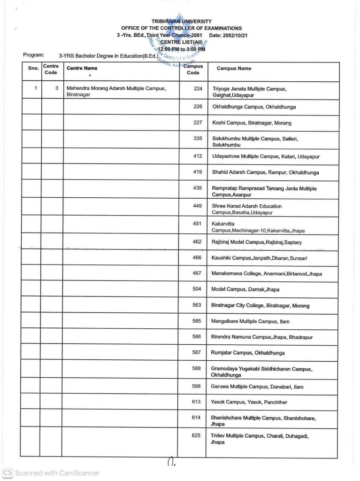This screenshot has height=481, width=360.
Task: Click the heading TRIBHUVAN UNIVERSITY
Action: [181, 22]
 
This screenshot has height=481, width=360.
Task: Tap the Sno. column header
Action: [33, 69]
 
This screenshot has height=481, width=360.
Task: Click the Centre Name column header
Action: [82, 69]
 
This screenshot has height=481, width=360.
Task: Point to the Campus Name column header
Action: [234, 69]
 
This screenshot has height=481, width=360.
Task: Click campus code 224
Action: [197, 88]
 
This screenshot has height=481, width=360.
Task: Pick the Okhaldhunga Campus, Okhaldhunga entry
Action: [254, 107]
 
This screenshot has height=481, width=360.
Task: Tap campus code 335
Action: [197, 139]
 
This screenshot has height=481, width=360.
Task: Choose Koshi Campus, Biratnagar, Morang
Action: [252, 123]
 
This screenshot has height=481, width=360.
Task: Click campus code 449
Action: [197, 206]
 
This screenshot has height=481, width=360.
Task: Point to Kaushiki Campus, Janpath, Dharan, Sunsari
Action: [260, 258]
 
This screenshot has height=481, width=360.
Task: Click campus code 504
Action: [197, 289]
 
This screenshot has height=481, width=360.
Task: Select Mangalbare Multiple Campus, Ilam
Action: [251, 322]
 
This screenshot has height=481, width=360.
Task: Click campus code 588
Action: [197, 369]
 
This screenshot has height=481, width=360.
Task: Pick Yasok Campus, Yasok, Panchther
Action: [249, 402]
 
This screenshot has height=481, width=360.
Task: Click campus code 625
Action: [197, 436]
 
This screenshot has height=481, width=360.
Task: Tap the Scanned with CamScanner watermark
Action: [52, 473]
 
